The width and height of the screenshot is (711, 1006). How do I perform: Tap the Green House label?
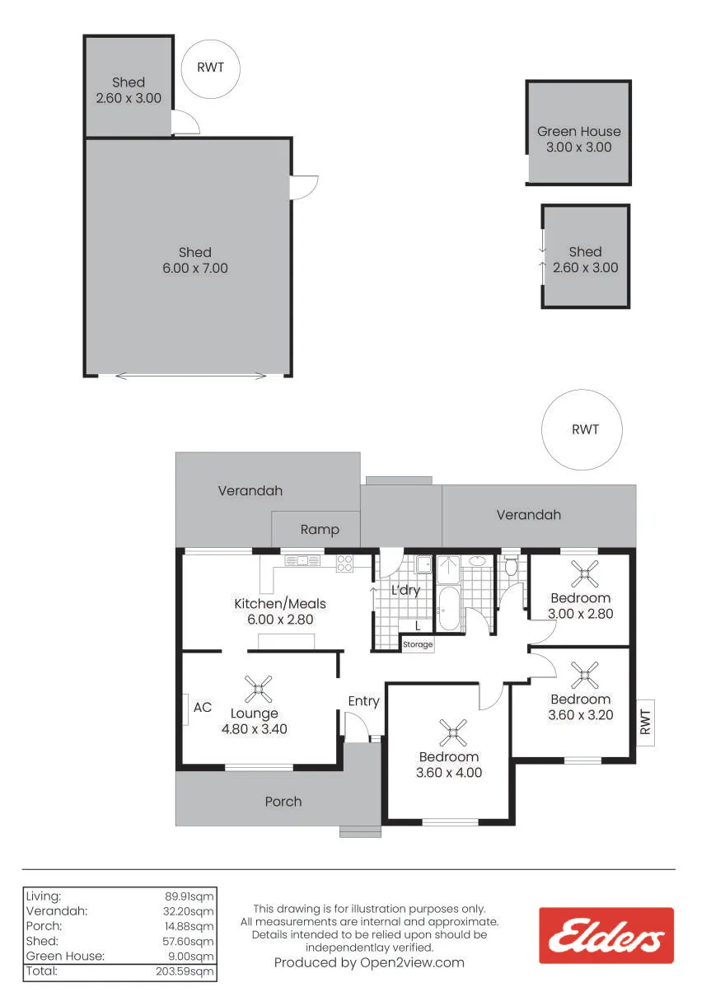coord(578,131)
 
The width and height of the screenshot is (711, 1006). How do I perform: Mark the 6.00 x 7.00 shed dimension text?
coord(195,268)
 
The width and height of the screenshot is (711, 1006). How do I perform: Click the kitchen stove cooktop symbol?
coord(344,564)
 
